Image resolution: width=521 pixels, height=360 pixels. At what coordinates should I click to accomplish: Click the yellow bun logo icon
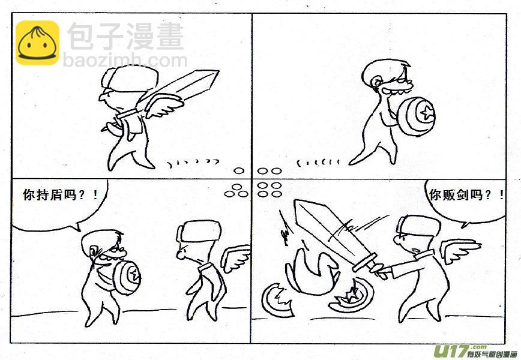(x=37, y=43)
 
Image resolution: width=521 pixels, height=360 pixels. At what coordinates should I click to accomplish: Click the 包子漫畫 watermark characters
(x=125, y=37)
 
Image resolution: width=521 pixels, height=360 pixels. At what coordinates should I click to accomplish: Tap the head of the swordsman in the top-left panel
(x=119, y=84)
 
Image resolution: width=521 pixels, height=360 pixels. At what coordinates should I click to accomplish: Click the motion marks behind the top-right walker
(x=319, y=161)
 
